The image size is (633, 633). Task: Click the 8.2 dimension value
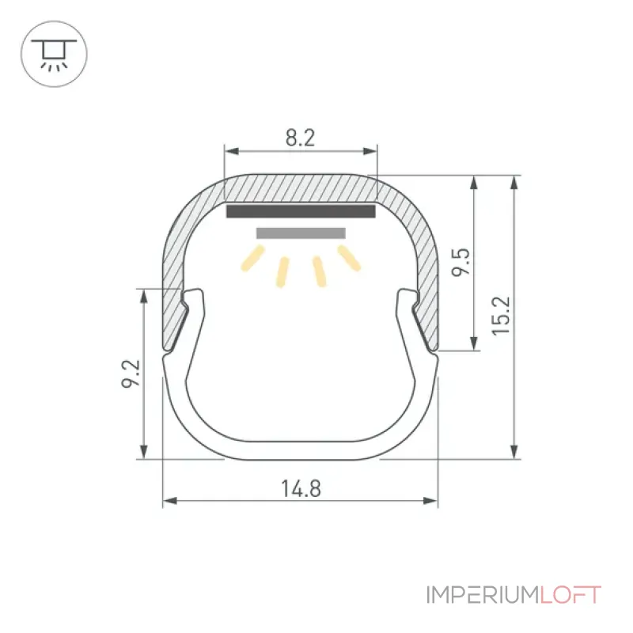300,138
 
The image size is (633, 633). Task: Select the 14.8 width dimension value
301,489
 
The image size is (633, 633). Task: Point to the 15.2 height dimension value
501,316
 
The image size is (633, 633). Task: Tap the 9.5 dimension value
461,262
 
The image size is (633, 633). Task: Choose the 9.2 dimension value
131,373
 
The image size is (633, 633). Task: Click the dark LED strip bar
301,211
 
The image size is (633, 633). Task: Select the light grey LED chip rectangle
301,233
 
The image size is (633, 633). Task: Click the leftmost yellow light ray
252,259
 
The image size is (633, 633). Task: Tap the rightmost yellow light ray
349,259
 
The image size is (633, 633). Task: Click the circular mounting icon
54,54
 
